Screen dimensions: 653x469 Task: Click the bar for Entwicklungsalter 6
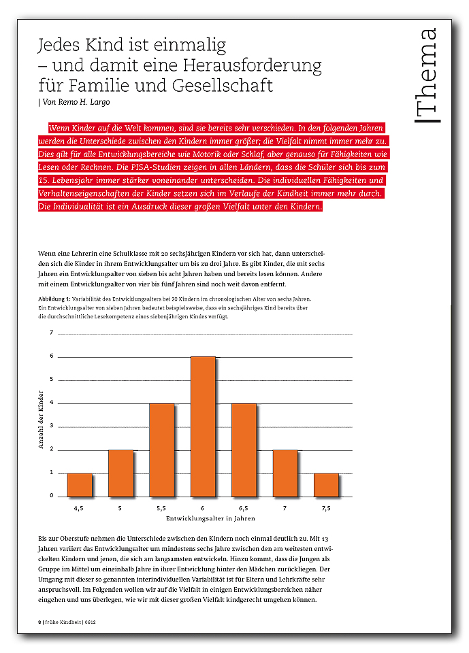coord(203,426)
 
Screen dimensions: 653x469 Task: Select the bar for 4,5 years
coord(80,484)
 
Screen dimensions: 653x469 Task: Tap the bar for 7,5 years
coord(326,484)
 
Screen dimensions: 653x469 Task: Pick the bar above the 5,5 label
coord(161,450)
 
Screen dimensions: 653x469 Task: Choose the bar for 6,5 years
coord(244,450)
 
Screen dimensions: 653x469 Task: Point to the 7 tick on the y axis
coord(51,333)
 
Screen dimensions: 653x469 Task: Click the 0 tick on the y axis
coord(51,496)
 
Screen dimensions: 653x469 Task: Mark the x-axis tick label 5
coord(120,507)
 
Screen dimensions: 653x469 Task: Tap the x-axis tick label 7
coord(285,507)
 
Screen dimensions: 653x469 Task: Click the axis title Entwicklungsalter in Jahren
coord(203,520)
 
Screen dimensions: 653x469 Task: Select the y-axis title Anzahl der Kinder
coord(41,419)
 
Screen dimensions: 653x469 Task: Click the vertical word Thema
coord(429,75)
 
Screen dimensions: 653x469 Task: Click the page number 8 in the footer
coord(39,622)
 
